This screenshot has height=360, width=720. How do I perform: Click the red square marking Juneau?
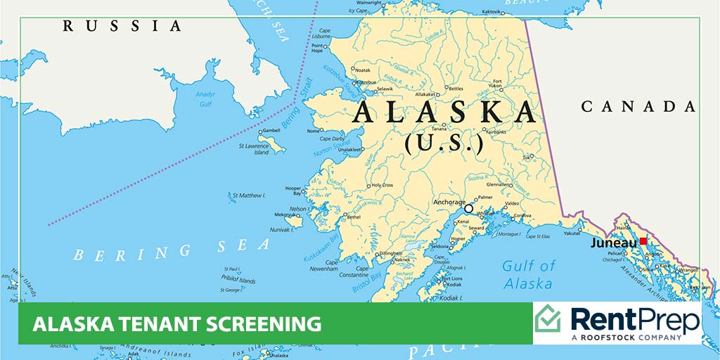(643, 241)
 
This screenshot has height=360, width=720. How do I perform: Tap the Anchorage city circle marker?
(469, 209)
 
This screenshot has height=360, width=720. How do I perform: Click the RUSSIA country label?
(122, 26)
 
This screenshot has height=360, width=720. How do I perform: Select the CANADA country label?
(638, 106)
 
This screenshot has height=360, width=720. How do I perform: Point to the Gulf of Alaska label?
(528, 275)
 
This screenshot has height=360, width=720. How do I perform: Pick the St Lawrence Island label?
(254, 150)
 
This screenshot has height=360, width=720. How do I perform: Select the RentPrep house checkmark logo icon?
(548, 321)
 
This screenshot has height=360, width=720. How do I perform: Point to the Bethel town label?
(355, 218)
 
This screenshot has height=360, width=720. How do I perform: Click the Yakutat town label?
(572, 233)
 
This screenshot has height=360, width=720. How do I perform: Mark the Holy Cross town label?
(383, 185)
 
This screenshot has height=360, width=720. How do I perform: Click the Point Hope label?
(317, 47)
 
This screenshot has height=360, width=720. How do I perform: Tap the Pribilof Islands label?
(238, 280)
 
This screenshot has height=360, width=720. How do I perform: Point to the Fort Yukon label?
(497, 86)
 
